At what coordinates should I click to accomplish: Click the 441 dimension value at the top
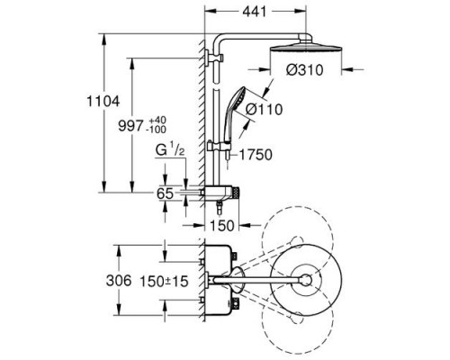255,12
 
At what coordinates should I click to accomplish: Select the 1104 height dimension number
103,101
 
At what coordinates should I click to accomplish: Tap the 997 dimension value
130,125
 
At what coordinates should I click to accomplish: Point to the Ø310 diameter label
304,70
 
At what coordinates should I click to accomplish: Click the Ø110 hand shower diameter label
265,109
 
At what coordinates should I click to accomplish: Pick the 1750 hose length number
256,155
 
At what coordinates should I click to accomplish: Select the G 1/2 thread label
170,150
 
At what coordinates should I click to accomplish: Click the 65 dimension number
165,193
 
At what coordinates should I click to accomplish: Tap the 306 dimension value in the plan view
119,281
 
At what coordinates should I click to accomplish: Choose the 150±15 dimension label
165,281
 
